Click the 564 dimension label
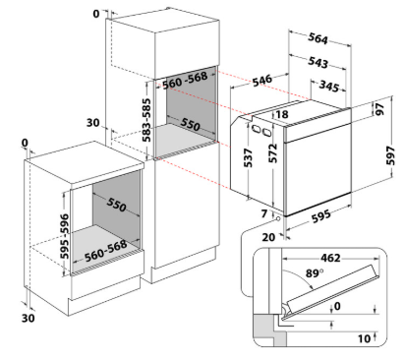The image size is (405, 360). click(318, 38)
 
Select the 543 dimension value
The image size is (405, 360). click(318, 62)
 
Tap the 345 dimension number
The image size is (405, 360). click(329, 86)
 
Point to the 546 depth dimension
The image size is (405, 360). click(262, 80)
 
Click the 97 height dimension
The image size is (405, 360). click(379, 109)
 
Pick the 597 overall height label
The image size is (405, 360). click(390, 156)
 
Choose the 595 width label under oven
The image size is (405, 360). click(320, 216)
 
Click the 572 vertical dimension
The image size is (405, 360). click(272, 153)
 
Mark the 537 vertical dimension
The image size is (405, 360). click(249, 157)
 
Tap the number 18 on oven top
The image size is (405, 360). click(282, 114)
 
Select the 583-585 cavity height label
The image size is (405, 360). click(146, 120)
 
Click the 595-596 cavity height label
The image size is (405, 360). click(65, 236)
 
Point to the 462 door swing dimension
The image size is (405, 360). click(330, 258)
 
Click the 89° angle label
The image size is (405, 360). click(315, 272)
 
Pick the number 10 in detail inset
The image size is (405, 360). click(364, 338)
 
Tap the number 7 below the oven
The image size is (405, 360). click(264, 213)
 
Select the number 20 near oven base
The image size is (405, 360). click(268, 237)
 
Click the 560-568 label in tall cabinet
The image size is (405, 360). click(185, 80)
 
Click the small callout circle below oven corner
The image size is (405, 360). click(278, 218)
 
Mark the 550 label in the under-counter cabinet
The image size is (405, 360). click(116, 205)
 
